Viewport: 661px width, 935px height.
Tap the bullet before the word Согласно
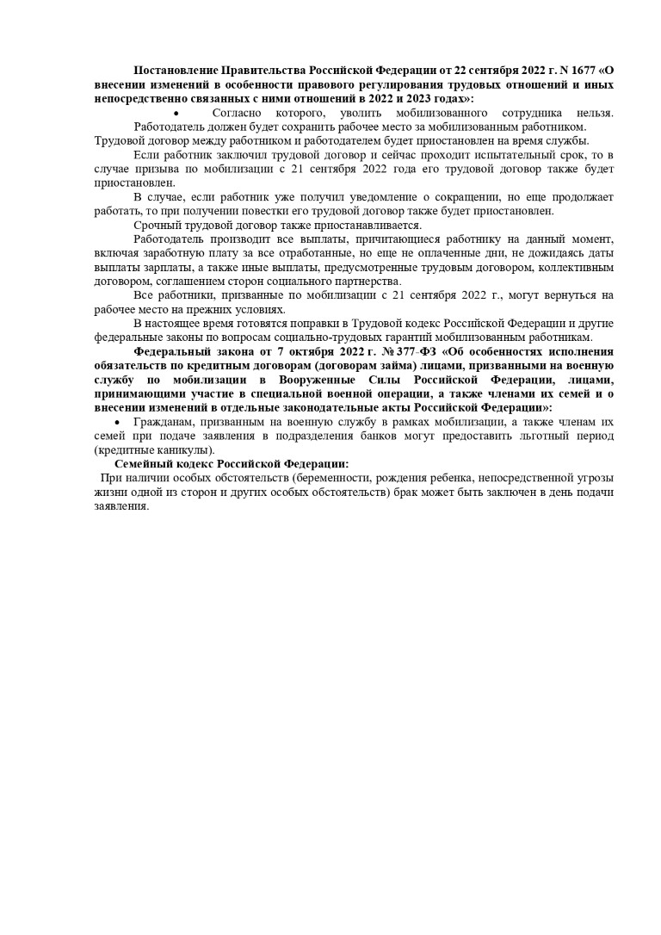click(x=176, y=114)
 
